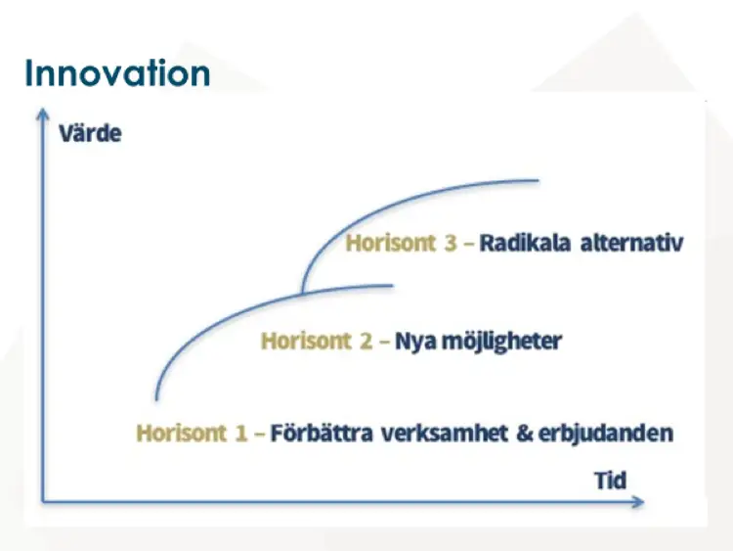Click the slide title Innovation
click(x=117, y=72)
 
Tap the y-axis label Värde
click(x=90, y=132)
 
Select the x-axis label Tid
click(x=610, y=481)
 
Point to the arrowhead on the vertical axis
click(x=42, y=115)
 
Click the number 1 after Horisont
click(x=240, y=433)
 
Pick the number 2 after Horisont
click(x=366, y=342)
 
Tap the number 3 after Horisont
click(x=450, y=244)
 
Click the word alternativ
click(x=631, y=244)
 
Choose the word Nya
click(x=414, y=342)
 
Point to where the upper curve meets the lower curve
click(x=302, y=292)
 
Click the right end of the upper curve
click(x=538, y=180)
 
